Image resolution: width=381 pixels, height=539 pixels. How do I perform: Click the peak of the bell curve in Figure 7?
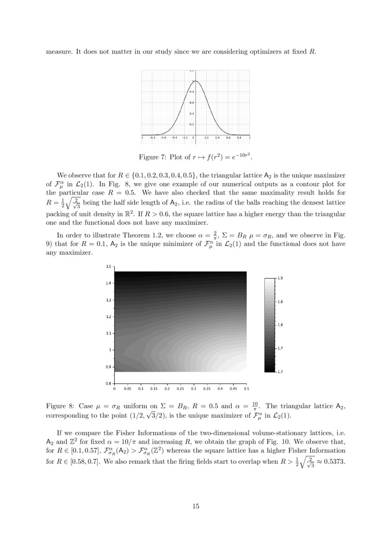pyautogui.click(x=195, y=81)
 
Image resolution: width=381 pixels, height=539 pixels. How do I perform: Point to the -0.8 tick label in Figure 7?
pyautogui.click(x=152, y=137)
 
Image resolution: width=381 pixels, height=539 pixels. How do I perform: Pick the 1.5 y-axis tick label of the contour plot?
pyautogui.click(x=108, y=267)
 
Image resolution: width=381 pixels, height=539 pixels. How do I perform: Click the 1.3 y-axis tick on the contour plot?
pyautogui.click(x=108, y=300)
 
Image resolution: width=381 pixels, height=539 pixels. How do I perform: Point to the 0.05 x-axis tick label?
pyautogui.click(x=128, y=388)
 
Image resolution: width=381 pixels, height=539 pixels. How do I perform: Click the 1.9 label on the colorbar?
pyautogui.click(x=280, y=278)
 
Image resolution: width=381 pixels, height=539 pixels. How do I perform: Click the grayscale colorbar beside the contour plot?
pyautogui.click(x=269, y=325)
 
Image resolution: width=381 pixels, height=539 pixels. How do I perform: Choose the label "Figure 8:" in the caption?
pyautogui.click(x=60, y=406)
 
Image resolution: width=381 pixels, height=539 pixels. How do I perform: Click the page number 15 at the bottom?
pyautogui.click(x=195, y=506)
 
